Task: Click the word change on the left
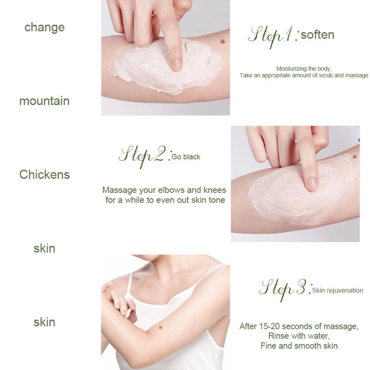click(x=44, y=27)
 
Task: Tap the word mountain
click(x=44, y=101)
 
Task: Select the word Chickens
click(x=44, y=175)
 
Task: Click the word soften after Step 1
click(x=318, y=34)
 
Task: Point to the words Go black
click(x=186, y=157)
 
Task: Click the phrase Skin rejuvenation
click(x=337, y=290)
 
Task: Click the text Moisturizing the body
click(x=304, y=69)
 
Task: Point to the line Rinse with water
click(x=299, y=336)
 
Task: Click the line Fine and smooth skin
click(x=299, y=346)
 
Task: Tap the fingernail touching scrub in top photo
click(x=176, y=64)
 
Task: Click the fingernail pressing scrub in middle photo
click(x=311, y=184)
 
